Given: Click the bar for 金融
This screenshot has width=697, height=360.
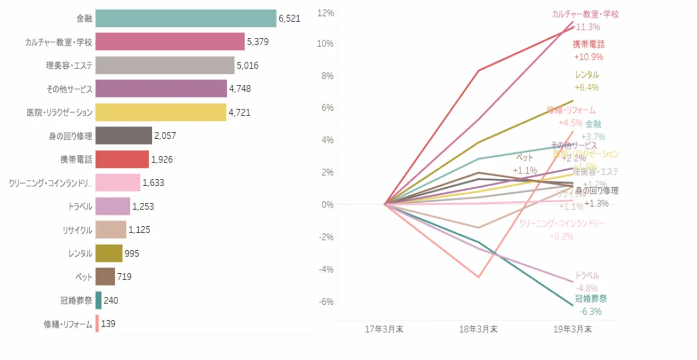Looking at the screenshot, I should pyautogui.click(x=186, y=19).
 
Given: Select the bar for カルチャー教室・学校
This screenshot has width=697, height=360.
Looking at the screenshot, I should pyautogui.click(x=170, y=42).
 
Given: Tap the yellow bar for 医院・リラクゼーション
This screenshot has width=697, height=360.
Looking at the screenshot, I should pyautogui.click(x=161, y=112).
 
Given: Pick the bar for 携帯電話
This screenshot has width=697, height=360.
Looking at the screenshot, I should pyautogui.click(x=122, y=159).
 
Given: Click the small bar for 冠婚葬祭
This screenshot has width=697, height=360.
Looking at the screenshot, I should pyautogui.click(x=98, y=300).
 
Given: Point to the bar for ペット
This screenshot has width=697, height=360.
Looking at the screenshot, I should pyautogui.click(x=105, y=277).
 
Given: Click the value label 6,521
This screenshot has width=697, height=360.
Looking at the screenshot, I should pyautogui.click(x=289, y=19).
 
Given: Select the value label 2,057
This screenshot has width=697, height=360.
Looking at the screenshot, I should pyautogui.click(x=165, y=136).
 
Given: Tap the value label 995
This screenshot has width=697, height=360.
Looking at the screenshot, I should pyautogui.click(x=132, y=253).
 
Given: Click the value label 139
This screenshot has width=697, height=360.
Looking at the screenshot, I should pyautogui.click(x=108, y=324).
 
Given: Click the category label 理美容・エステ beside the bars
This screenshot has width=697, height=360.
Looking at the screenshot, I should pyautogui.click(x=69, y=66).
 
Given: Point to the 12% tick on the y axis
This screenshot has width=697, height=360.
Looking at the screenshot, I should pyautogui.click(x=325, y=11).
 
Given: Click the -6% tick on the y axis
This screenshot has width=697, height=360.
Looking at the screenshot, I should pyautogui.click(x=325, y=302).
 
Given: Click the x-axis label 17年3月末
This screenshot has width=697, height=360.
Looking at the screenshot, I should pyautogui.click(x=384, y=329).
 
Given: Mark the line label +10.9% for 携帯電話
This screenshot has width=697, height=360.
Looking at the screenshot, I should pyautogui.click(x=588, y=57).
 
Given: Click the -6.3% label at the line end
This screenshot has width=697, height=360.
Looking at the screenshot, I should pyautogui.click(x=590, y=311).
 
